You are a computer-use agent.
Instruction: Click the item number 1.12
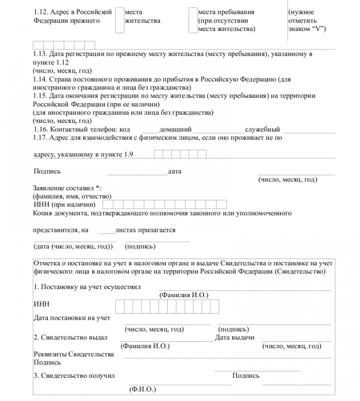[41, 12]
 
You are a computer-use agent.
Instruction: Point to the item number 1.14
[41, 80]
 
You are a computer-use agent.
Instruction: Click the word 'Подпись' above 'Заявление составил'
[47, 172]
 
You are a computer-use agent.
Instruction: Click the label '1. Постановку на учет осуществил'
[87, 287]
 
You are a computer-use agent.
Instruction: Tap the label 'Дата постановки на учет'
[72, 318]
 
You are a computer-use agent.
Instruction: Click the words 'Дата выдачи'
[235, 337]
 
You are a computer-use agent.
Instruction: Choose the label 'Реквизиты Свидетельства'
[74, 355]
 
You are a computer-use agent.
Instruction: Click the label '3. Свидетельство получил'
[74, 376]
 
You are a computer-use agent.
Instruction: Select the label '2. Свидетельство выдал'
[70, 337]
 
